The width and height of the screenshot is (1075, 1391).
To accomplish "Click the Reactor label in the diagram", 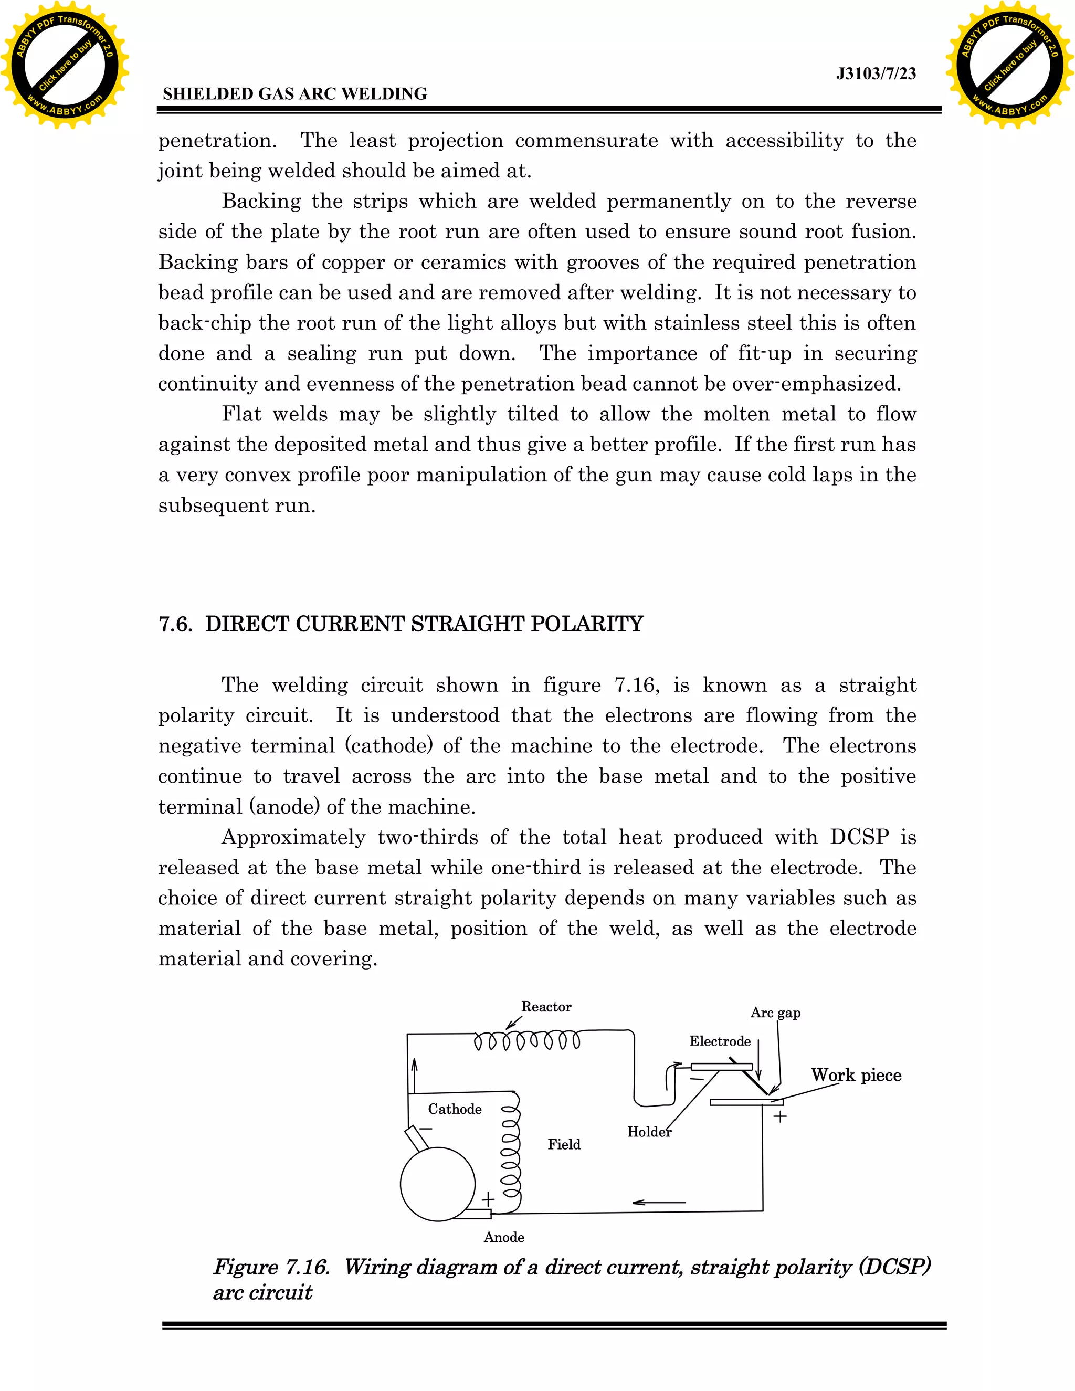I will coord(546,1007).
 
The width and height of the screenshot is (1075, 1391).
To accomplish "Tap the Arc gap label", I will coord(775,1013).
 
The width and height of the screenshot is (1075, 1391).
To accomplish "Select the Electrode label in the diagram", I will coord(720,1041).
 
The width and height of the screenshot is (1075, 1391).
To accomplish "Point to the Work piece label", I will coord(856,1075).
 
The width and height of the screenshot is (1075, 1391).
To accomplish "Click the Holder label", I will coord(649,1132).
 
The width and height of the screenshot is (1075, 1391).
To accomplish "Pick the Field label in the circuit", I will coord(564,1144).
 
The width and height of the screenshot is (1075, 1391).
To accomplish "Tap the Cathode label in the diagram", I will coord(454,1109).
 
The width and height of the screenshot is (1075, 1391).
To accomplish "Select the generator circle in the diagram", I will coord(438,1184).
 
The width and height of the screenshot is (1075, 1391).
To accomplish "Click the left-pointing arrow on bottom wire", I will coord(659,1203).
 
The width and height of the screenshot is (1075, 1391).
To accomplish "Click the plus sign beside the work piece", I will coord(779,1116).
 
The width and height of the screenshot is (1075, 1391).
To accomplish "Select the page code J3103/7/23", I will coord(876,74).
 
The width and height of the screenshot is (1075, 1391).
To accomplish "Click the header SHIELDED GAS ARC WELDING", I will coord(295,93).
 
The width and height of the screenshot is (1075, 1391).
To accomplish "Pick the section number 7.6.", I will coord(175,624).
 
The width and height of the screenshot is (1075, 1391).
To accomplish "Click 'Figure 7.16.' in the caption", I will coord(271,1267).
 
